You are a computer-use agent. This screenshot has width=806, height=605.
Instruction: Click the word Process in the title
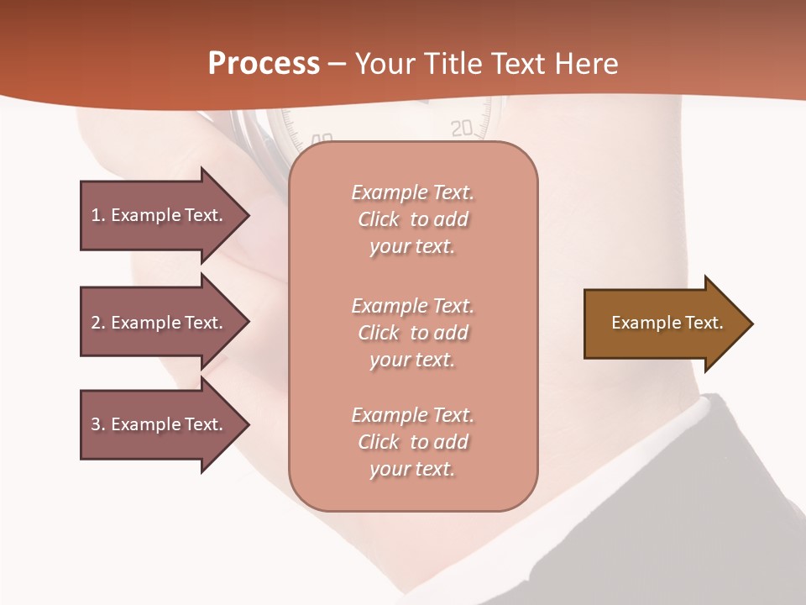pyautogui.click(x=264, y=64)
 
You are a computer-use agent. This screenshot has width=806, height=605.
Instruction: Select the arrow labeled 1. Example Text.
pyautogui.click(x=160, y=215)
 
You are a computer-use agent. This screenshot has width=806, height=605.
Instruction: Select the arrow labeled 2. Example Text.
pyautogui.click(x=160, y=323)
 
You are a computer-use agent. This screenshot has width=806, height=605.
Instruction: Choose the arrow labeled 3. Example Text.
pyautogui.click(x=160, y=425)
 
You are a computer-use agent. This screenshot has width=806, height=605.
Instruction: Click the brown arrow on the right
pyautogui.click(x=663, y=324)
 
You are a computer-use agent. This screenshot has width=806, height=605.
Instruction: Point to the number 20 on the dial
pyautogui.click(x=462, y=129)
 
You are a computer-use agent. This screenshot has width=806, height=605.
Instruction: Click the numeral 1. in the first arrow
pyautogui.click(x=97, y=215)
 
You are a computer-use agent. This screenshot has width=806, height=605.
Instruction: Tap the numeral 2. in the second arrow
pyautogui.click(x=97, y=323)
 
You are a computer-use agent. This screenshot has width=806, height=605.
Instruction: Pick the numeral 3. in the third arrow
pyautogui.click(x=97, y=425)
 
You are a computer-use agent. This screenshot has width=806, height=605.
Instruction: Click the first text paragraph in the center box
pyautogui.click(x=412, y=219)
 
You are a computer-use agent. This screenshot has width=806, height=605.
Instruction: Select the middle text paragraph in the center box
pyautogui.click(x=412, y=333)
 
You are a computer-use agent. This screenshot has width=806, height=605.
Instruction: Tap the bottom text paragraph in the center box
pyautogui.click(x=412, y=442)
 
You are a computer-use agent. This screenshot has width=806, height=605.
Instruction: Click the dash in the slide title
pyautogui.click(x=338, y=65)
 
